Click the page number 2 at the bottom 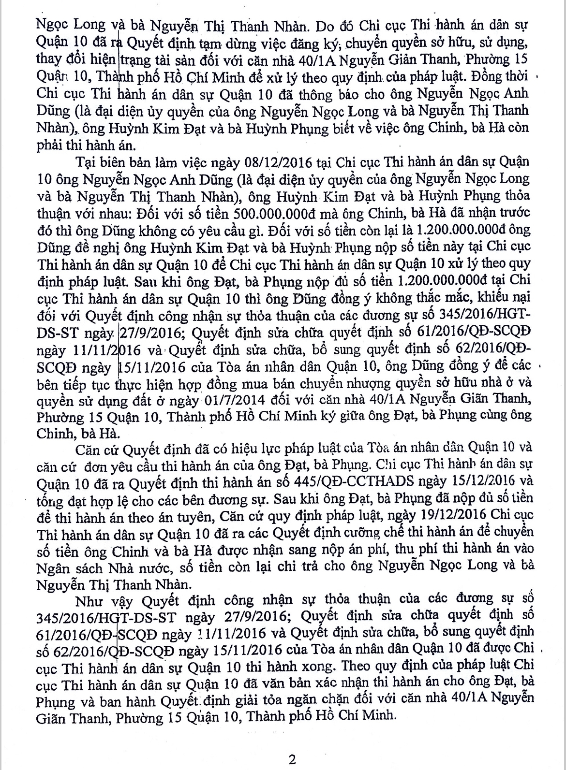pos(292,759)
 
